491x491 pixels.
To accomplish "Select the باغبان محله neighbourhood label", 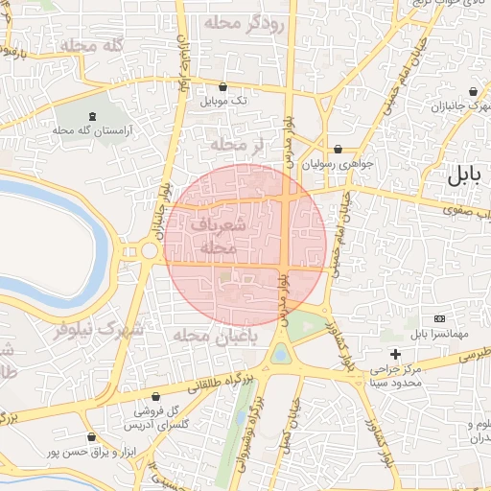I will [x=204, y=336].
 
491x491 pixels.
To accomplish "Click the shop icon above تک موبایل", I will [x=223, y=85].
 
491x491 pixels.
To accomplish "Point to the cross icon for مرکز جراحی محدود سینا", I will [x=394, y=354].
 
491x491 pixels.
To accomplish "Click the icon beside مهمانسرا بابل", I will [x=439, y=318].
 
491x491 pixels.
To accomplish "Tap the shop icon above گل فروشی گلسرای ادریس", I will [x=155, y=396].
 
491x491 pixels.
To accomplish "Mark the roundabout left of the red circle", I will [x=149, y=251].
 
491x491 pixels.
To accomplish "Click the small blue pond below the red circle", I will [x=279, y=355].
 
